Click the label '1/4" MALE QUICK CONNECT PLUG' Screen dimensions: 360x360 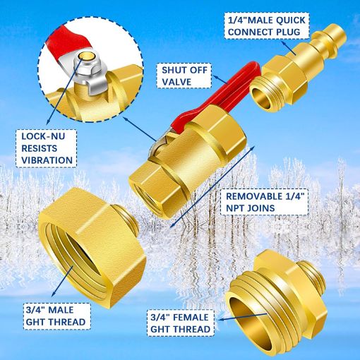[x=265, y=25]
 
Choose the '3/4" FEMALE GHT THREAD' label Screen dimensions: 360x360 [x=181, y=323]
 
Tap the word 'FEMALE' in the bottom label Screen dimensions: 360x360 [x=190, y=316]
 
